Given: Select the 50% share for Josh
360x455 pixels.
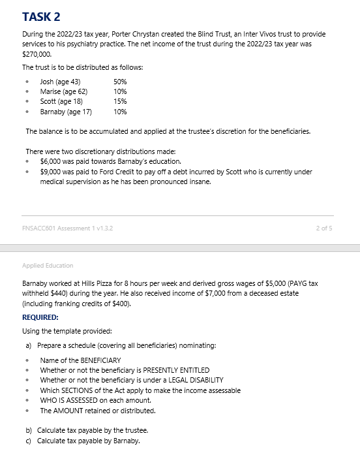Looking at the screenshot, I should (x=120, y=82).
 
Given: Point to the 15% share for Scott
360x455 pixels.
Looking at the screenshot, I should (x=120, y=102).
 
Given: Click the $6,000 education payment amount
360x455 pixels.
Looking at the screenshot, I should (x=51, y=161).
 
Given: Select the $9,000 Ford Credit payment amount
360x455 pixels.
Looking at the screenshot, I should (x=51, y=172).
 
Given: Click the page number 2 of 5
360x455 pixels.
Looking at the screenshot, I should (x=324, y=227).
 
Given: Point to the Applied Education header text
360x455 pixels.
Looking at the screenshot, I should (x=48, y=266).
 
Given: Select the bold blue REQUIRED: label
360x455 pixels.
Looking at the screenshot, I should (x=40, y=317).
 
